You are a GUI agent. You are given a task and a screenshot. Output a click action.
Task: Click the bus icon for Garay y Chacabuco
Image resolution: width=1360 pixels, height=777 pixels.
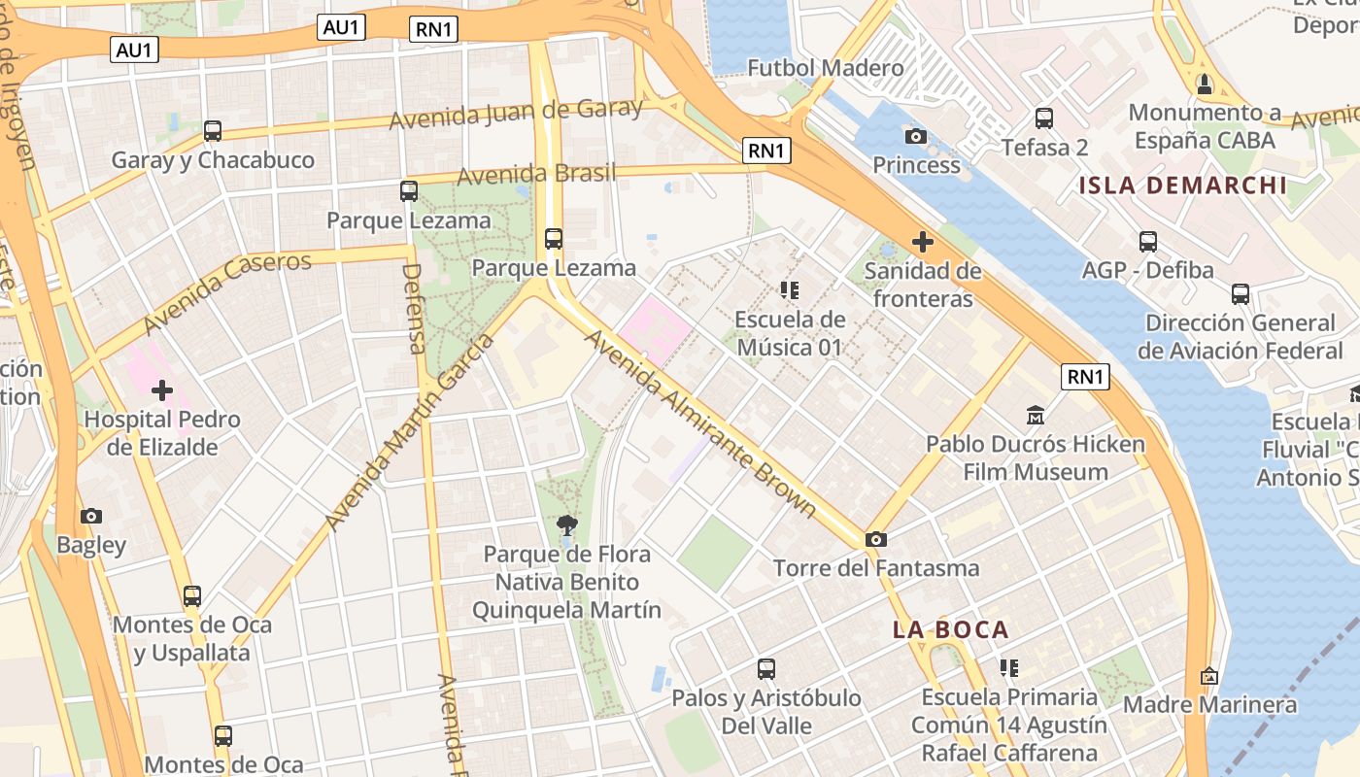click(213, 130)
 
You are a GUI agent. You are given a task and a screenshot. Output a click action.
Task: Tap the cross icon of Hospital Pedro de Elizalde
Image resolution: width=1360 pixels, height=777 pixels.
click(162, 390)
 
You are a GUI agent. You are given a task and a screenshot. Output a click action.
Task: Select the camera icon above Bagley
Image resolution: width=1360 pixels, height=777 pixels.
click(91, 516)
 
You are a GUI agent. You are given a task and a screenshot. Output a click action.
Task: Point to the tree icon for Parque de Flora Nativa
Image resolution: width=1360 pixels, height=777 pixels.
click(567, 525)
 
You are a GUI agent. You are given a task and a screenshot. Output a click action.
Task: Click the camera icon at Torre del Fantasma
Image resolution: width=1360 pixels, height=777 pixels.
click(875, 539)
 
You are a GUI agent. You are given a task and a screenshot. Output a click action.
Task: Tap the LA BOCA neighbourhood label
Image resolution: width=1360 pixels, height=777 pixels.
click(951, 629)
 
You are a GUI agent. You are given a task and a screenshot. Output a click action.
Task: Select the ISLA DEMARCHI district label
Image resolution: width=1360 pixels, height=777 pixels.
click(1182, 186)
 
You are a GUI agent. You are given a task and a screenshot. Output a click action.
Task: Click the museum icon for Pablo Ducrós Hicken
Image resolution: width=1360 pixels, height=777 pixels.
click(1035, 416)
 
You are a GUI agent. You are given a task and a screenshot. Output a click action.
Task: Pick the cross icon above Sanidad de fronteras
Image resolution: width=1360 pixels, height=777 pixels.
click(922, 241)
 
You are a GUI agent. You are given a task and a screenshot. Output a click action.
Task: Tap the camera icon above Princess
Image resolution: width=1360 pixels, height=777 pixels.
click(915, 136)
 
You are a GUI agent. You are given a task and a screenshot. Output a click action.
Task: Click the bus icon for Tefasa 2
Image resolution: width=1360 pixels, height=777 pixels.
click(1044, 118)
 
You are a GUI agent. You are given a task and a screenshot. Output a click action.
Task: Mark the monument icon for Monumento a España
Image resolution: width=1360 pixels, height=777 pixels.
click(1205, 84)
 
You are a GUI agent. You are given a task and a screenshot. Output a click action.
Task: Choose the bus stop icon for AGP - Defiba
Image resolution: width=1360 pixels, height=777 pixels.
click(1148, 242)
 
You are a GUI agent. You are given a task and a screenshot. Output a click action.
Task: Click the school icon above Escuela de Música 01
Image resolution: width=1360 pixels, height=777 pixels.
click(789, 290)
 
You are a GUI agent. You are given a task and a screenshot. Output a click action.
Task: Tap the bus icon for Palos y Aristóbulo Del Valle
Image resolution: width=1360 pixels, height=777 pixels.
click(766, 669)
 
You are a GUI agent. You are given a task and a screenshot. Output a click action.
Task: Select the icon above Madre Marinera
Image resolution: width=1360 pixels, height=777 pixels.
click(1209, 676)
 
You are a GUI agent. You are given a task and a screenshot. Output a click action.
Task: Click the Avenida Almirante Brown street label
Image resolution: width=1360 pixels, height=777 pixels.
click(699, 422)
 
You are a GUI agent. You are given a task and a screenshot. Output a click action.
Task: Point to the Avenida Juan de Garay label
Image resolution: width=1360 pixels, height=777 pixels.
click(516, 113)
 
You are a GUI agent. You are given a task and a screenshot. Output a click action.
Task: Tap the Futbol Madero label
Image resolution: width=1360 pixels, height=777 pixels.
click(825, 68)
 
